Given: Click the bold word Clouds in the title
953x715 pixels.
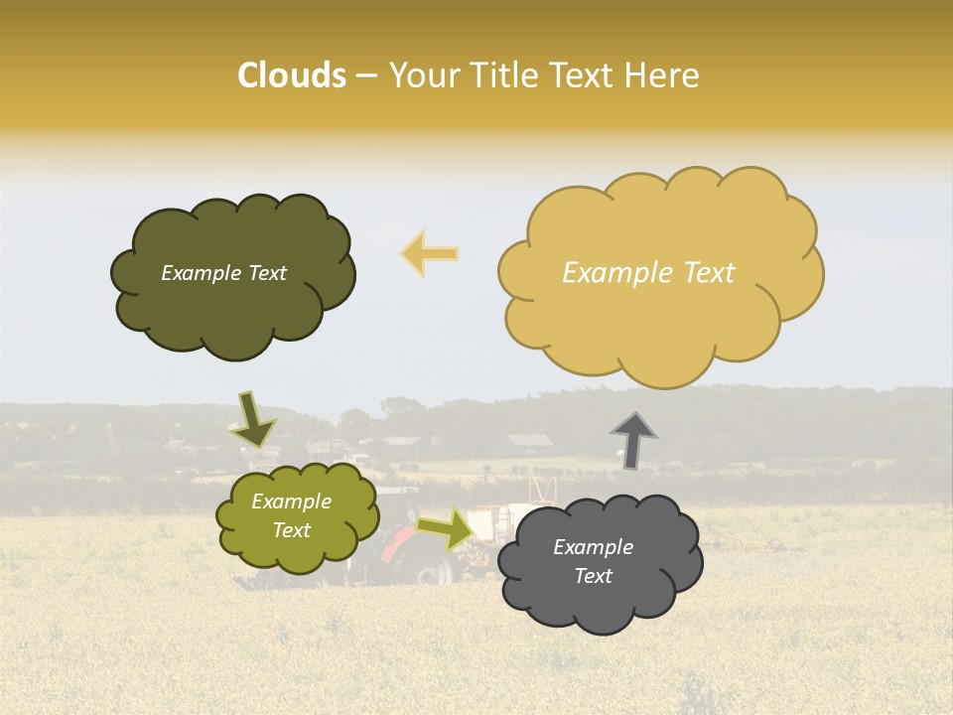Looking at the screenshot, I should click(x=291, y=75).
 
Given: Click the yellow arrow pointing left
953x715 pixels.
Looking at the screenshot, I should click(x=430, y=254).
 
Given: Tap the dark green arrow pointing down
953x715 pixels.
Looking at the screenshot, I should click(x=252, y=419).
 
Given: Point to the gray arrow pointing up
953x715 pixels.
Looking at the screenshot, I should click(x=632, y=440).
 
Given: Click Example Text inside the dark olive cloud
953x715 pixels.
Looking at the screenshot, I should click(x=223, y=273).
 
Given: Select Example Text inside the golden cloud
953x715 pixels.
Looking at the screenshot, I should click(x=648, y=273).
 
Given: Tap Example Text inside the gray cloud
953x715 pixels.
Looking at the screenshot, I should click(x=593, y=561).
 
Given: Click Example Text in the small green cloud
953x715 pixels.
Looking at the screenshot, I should click(x=291, y=516).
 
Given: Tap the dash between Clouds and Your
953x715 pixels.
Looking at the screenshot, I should click(x=366, y=76).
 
